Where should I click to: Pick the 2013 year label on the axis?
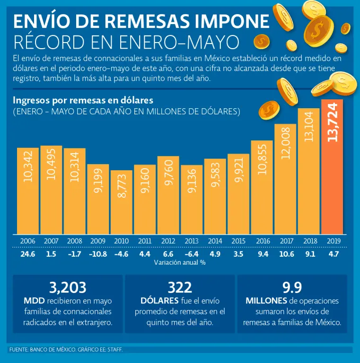coord(192,241)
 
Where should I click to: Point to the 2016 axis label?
coord(262,241)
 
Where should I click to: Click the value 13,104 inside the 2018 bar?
coord(309,127)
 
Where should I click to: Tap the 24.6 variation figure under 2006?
coord(28,254)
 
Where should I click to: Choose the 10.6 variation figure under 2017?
coord(285,254)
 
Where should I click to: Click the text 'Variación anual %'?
coord(180,262)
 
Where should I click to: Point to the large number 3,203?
coord(68,287)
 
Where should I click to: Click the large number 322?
coord(180,287)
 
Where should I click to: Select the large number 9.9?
coord(292,287)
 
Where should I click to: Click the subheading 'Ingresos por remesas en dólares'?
coord(83,100)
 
